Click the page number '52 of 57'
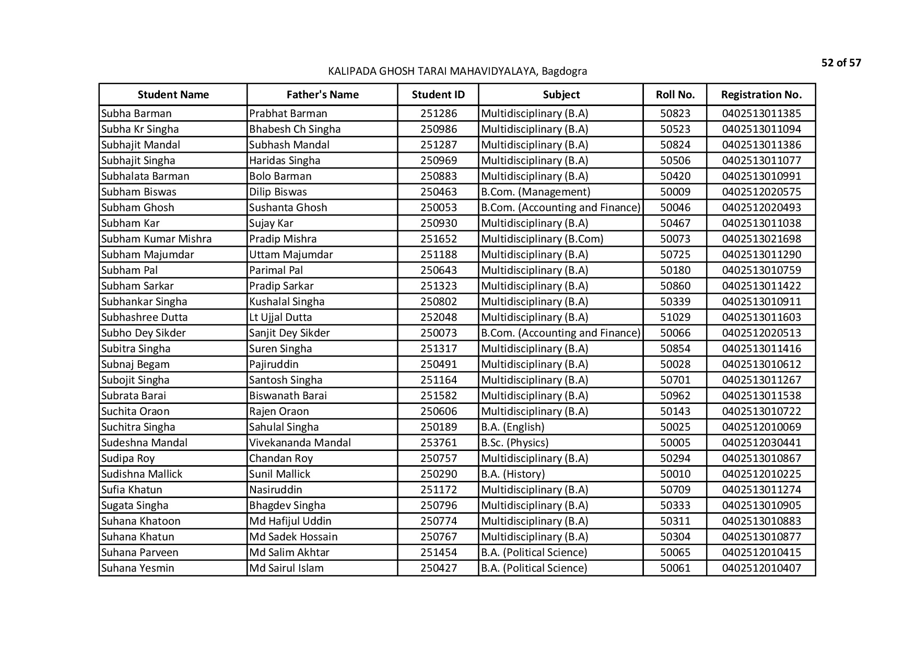841,63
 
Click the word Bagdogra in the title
564,71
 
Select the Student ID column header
438,95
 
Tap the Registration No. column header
761,95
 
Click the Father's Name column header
322,95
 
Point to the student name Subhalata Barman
145,176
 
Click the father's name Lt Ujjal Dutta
280,317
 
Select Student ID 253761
438,443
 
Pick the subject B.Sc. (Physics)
514,443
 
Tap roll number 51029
675,317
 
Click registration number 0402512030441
761,443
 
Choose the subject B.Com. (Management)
535,192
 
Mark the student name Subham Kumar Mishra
156,239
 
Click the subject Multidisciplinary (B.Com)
542,239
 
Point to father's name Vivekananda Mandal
300,443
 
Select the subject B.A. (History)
512,474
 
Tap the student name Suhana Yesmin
138,568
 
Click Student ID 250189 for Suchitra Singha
438,427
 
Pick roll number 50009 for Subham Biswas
675,192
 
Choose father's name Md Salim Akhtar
289,552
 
